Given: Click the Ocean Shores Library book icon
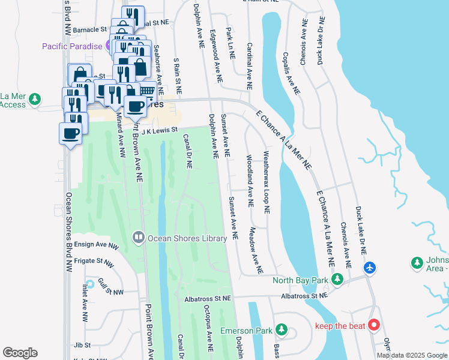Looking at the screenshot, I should [x=139, y=238].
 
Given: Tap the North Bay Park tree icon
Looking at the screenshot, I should [x=337, y=280].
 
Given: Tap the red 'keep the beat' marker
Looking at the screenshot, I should [x=373, y=326].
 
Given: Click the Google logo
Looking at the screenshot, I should [x=20, y=353].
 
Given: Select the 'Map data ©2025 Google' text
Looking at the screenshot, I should [x=412, y=355].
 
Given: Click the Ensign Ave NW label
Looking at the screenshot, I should [x=97, y=246].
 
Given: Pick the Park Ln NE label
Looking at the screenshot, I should [x=230, y=43].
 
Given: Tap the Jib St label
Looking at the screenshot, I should [x=82, y=346].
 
